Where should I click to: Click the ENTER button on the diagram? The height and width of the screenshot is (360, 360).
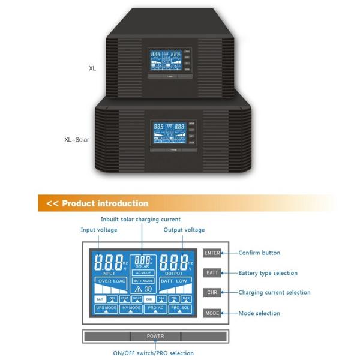coord(212,253)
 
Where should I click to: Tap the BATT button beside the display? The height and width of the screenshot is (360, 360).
coord(212,273)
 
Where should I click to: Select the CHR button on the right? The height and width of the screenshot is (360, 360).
coord(212,293)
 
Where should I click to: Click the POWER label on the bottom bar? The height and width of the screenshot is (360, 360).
coord(155,337)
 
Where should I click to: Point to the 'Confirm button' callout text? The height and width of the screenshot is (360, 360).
coord(259,253)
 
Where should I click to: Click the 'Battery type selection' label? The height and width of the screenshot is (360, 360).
coord(268,273)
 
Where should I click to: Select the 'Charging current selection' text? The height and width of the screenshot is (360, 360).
coord(274,293)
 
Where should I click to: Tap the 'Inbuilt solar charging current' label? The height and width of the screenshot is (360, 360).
coord(140,220)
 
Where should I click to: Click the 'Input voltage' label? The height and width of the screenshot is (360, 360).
coord(99,230)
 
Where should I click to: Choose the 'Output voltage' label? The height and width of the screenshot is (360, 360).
coord(184,230)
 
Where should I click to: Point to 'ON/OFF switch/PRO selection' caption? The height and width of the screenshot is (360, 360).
coord(155,353)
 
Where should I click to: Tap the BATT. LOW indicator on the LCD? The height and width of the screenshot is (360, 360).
coord(175,281)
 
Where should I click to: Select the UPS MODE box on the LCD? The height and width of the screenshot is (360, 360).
coord(106,308)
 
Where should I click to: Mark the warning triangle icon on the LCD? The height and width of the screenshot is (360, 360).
coord(138,289)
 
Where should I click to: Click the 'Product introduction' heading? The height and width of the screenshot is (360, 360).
coord(104,203)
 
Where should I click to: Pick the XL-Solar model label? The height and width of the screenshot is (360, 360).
coord(77,139)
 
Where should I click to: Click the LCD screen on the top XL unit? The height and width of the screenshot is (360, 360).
coord(163,62)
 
